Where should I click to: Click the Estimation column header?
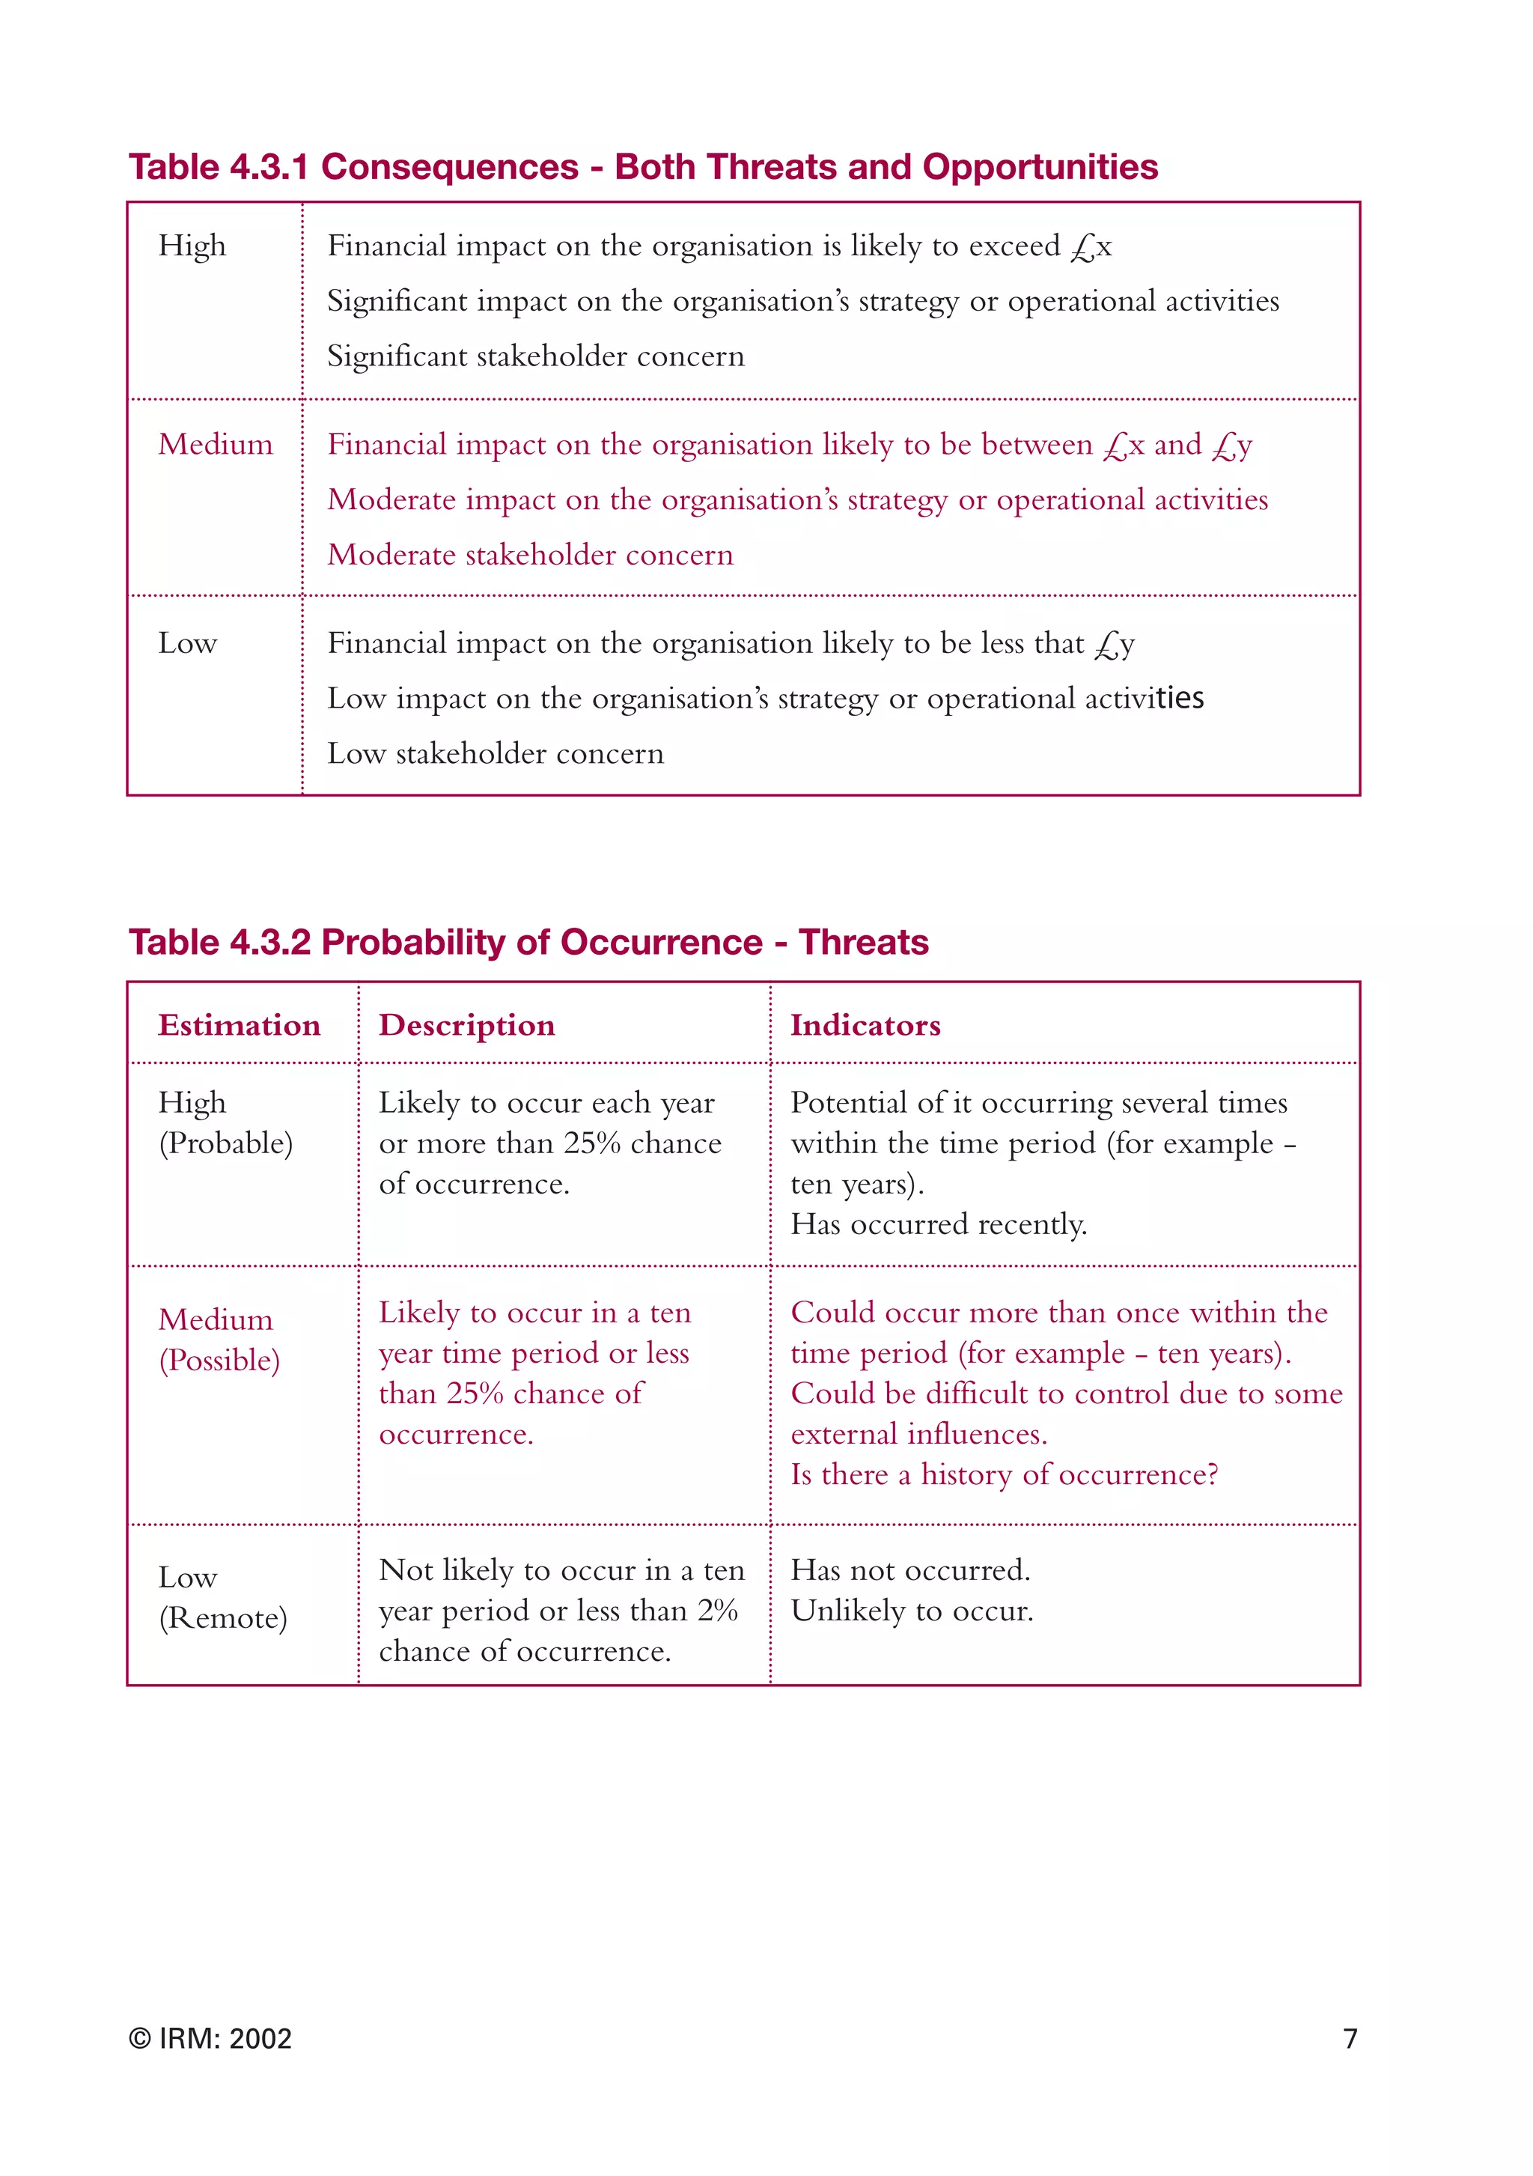pyautogui.click(x=239, y=1024)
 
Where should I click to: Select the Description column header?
pyautogui.click(x=466, y=1025)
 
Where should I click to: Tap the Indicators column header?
pyautogui.click(x=865, y=1024)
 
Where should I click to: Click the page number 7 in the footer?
pyautogui.click(x=1350, y=2038)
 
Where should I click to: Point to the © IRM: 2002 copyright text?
pyautogui.click(x=210, y=2038)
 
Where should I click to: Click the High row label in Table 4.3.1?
pyautogui.click(x=192, y=246)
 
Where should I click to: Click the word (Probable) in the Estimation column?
pyautogui.click(x=225, y=1143)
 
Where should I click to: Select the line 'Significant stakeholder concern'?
pyautogui.click(x=535, y=356)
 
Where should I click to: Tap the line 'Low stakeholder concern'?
pyautogui.click(x=496, y=753)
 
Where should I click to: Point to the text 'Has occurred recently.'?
pyautogui.click(x=938, y=1224)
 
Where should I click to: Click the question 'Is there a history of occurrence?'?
pyautogui.click(x=1005, y=1474)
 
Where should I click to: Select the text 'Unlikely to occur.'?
pyautogui.click(x=912, y=1611)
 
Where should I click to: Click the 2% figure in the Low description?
pyautogui.click(x=717, y=1611)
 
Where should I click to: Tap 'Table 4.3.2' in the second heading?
pyautogui.click(x=220, y=942)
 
